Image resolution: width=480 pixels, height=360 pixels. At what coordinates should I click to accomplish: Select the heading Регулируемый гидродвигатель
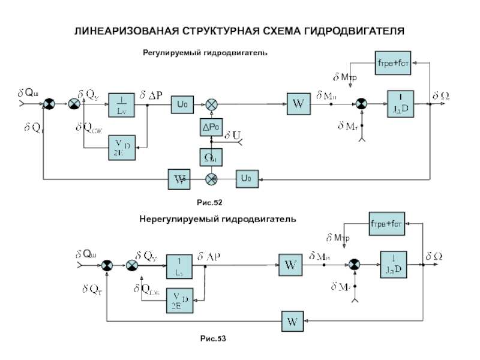click(x=204, y=53)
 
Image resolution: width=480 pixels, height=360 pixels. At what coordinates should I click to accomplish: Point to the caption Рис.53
click(x=214, y=340)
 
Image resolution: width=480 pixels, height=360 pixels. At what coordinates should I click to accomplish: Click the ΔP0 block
click(x=211, y=128)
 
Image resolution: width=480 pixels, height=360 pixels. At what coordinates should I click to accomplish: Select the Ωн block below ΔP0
click(x=211, y=157)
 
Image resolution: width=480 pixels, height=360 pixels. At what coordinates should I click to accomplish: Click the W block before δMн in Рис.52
click(x=298, y=104)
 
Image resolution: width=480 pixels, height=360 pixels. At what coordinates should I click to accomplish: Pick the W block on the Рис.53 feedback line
click(x=292, y=322)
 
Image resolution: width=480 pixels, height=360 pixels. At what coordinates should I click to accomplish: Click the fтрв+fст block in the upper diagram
click(x=392, y=63)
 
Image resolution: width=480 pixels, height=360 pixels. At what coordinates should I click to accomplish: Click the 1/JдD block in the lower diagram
click(x=394, y=265)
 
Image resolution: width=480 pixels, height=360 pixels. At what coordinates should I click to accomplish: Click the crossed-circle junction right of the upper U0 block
click(x=211, y=104)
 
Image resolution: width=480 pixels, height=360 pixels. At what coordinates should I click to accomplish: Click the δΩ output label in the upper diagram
click(x=442, y=95)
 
